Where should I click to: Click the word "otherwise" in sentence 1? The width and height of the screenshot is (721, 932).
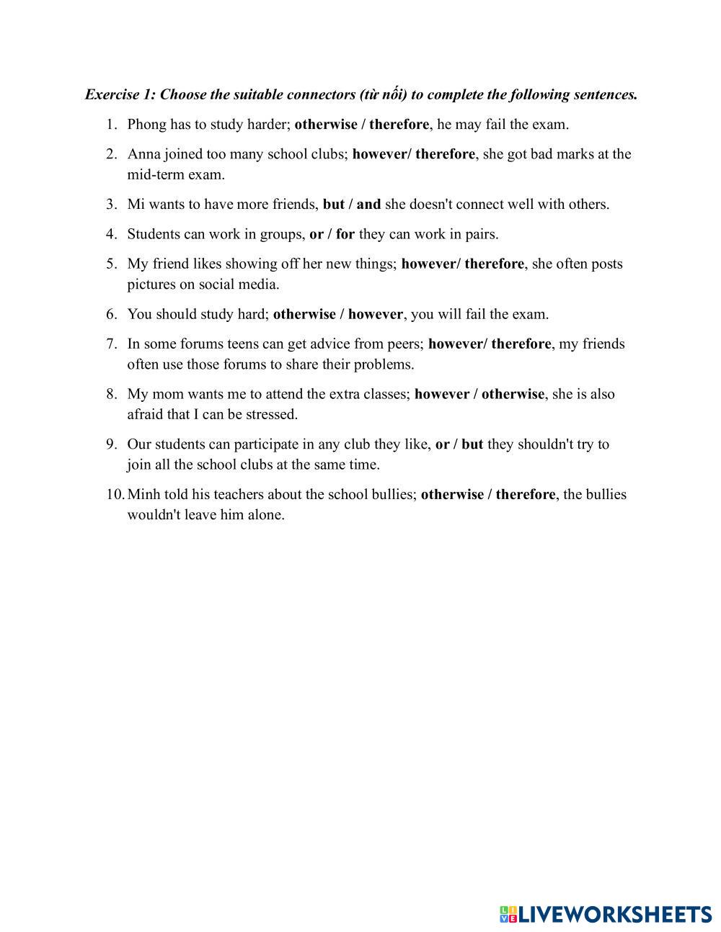325,125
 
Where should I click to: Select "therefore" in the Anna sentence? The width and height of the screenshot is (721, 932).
445,154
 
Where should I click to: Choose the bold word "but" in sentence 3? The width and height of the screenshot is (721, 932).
333,205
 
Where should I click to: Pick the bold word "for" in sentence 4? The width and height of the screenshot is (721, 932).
345,234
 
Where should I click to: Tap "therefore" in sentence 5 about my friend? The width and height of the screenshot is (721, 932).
494,264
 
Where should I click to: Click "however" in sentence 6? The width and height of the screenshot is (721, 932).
375,315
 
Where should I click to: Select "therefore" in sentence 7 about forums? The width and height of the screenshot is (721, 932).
521,344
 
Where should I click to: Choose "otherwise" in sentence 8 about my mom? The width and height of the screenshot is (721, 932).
513,395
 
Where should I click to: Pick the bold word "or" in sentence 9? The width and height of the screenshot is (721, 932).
442,444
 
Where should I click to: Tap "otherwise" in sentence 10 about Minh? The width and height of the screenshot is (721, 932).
452,495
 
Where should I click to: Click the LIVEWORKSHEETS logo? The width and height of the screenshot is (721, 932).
606,914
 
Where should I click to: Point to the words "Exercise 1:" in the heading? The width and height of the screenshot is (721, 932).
120,95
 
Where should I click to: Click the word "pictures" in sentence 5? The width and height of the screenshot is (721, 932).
151,284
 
